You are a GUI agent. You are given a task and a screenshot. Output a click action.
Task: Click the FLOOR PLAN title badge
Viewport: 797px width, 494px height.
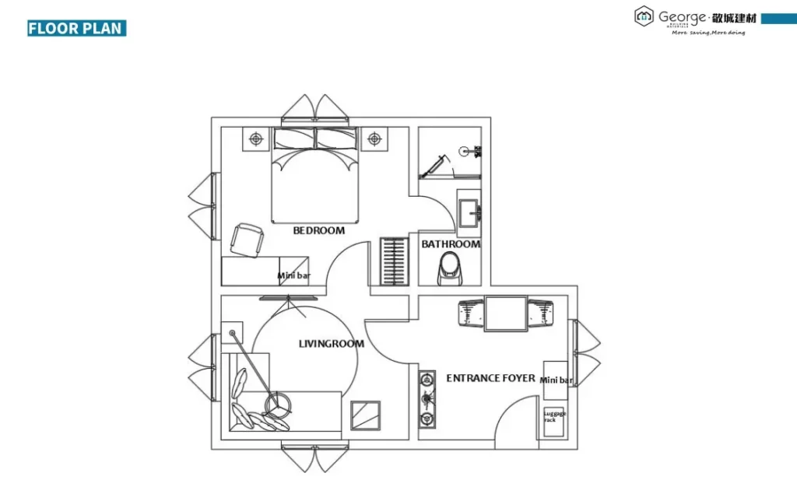pos(76,29)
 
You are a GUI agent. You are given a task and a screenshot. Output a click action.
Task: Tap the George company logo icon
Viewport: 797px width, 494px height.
pos(644,15)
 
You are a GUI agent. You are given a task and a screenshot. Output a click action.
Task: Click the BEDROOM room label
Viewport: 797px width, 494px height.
pos(318,230)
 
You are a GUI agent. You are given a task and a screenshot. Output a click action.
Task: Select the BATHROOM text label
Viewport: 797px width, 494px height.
pos(451,244)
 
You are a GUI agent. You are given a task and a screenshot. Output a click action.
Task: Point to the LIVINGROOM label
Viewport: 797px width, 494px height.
pos(332,343)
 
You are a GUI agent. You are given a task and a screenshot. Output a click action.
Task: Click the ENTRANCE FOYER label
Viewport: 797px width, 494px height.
pos(490,378)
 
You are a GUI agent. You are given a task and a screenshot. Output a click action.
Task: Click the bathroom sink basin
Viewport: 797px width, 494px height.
pos(469,212)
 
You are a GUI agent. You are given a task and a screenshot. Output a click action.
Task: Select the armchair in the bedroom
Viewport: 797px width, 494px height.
pos(248,239)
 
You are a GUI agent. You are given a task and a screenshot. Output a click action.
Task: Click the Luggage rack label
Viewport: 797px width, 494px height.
pos(555,416)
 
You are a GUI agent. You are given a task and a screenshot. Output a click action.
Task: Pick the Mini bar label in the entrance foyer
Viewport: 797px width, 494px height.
pos(556,380)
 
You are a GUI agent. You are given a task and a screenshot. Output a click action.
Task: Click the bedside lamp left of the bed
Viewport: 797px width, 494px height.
pos(256,139)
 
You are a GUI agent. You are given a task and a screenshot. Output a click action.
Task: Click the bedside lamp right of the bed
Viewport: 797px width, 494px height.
pos(374,139)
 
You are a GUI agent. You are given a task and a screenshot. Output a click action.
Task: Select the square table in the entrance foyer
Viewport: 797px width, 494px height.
pos(506,313)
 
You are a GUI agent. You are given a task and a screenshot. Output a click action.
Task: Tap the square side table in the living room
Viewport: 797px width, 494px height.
pos(365,415)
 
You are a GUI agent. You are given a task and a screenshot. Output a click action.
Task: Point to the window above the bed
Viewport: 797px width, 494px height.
pos(314,110)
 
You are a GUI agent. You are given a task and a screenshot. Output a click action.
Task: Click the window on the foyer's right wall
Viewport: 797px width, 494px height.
pos(585,348)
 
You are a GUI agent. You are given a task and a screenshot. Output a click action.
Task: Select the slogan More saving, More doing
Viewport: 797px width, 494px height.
pos(708,33)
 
